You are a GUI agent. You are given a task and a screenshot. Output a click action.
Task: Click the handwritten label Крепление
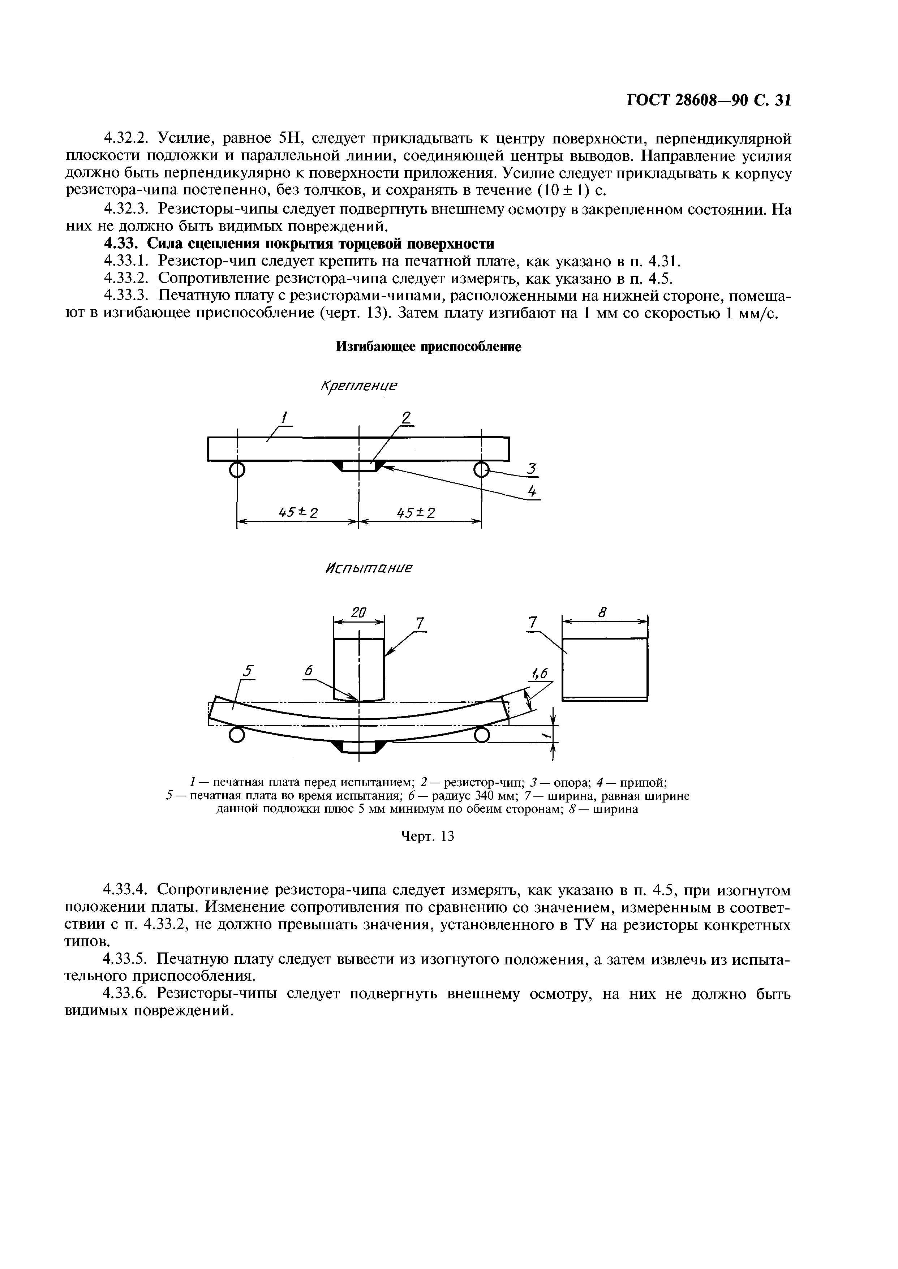pyautogui.click(x=360, y=386)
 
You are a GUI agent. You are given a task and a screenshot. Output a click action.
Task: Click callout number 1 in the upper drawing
pyautogui.click(x=285, y=417)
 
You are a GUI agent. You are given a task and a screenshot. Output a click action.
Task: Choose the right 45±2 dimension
pyautogui.click(x=416, y=513)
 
